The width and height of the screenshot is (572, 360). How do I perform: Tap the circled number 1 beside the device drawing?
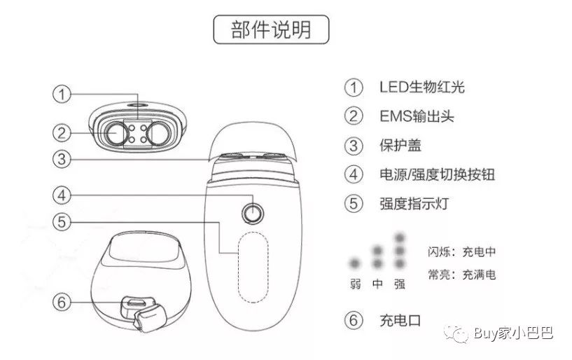pos(63,94)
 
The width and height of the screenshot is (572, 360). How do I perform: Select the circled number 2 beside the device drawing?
pos(63,131)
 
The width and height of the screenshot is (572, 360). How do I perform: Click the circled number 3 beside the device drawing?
pos(63,159)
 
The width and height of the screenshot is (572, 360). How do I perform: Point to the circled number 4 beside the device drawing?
pos(63,194)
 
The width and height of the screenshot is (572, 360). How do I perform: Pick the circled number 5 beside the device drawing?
pos(63,222)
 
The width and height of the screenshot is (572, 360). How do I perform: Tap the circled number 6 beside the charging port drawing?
pos(63,302)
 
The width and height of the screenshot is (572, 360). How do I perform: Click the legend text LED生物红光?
pos(422,88)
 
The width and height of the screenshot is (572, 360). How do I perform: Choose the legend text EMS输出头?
pos(417,116)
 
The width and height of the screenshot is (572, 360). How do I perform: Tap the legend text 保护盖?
pos(403,146)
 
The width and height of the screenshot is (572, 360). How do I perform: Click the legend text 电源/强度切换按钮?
pos(437,174)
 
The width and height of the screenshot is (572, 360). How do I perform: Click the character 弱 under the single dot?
pos(356,285)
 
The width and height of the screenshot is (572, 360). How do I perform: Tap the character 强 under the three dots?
pos(400,285)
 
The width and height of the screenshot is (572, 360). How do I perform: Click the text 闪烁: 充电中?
pos(461,251)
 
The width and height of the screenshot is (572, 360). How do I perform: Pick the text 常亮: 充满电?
pos(461,274)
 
